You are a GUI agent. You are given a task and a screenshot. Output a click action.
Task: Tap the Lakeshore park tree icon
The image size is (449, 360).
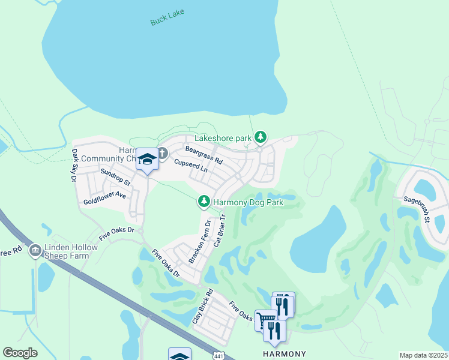pyautogui.click(x=260, y=138)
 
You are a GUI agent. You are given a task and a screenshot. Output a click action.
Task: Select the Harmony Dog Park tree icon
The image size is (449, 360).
pyautogui.click(x=204, y=202)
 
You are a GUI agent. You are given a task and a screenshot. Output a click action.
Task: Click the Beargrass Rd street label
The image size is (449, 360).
pyautogui.click(x=203, y=155)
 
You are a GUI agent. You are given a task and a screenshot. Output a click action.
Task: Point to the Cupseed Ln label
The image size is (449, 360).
pyautogui.click(x=191, y=166)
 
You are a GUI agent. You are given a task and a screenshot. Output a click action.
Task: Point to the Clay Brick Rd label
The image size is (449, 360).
pyautogui.click(x=203, y=308)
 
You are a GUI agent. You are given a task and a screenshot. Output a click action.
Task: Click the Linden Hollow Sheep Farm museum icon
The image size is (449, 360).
pyautogui.click(x=35, y=249)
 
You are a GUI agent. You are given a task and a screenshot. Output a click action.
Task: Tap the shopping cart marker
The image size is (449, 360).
pyautogui.click(x=265, y=319)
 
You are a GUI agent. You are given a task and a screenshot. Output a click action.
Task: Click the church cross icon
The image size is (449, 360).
pyautogui.click(x=162, y=154)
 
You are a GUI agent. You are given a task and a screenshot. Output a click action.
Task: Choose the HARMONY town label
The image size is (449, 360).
pyautogui.click(x=285, y=354)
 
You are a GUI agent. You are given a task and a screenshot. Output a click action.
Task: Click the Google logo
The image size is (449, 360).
pyautogui.click(x=20, y=353)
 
